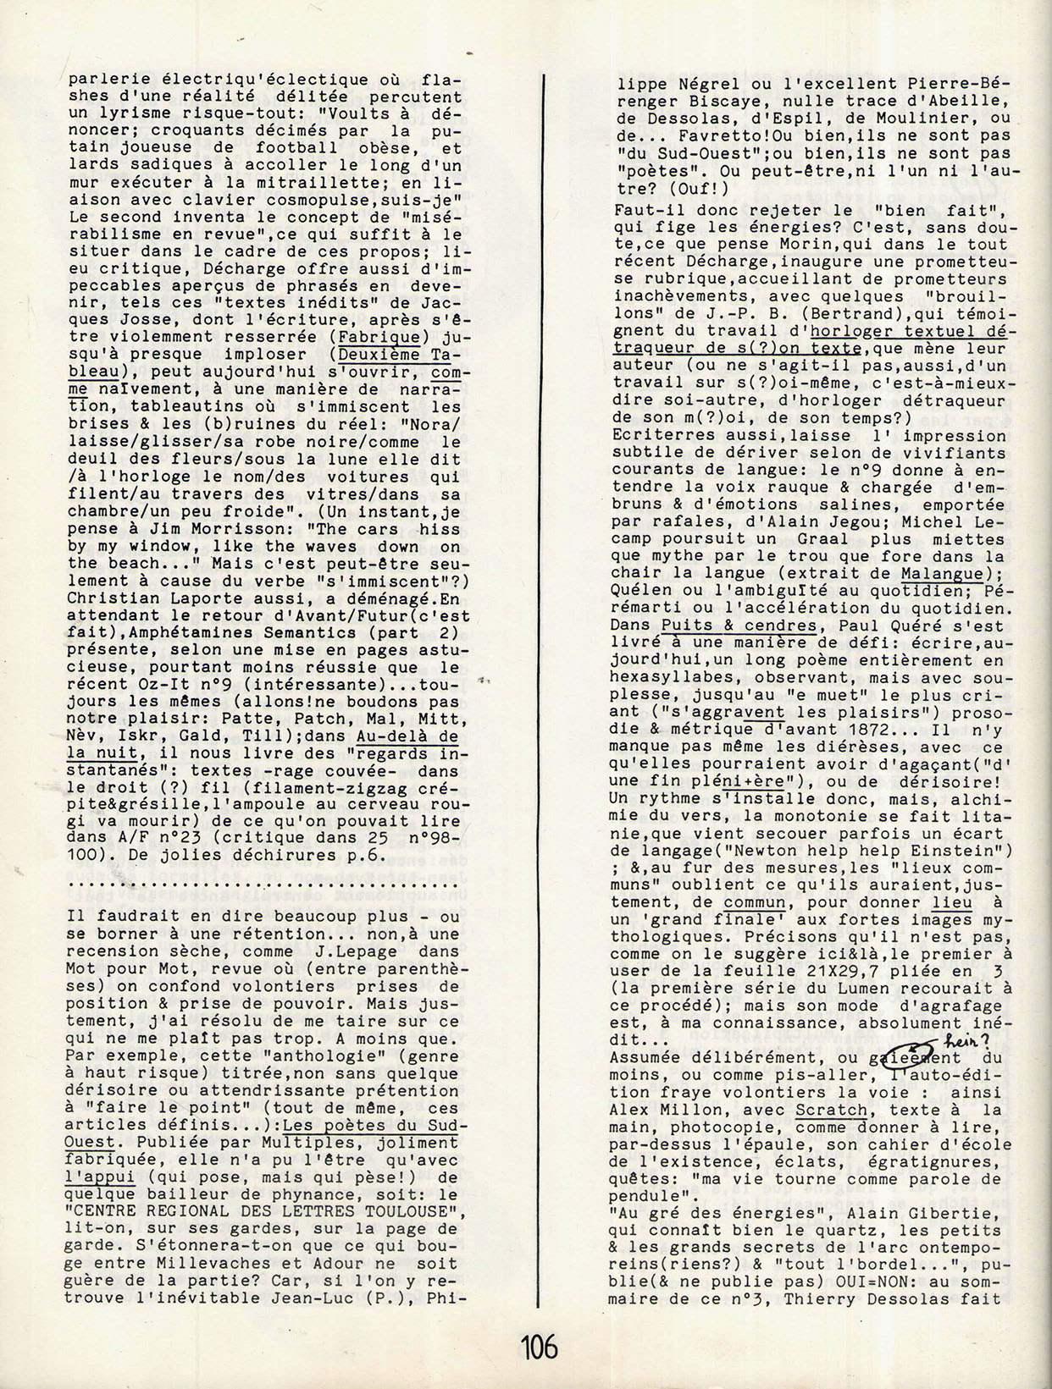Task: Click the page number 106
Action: [x=540, y=1345]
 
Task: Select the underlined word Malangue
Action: [x=942, y=574]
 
